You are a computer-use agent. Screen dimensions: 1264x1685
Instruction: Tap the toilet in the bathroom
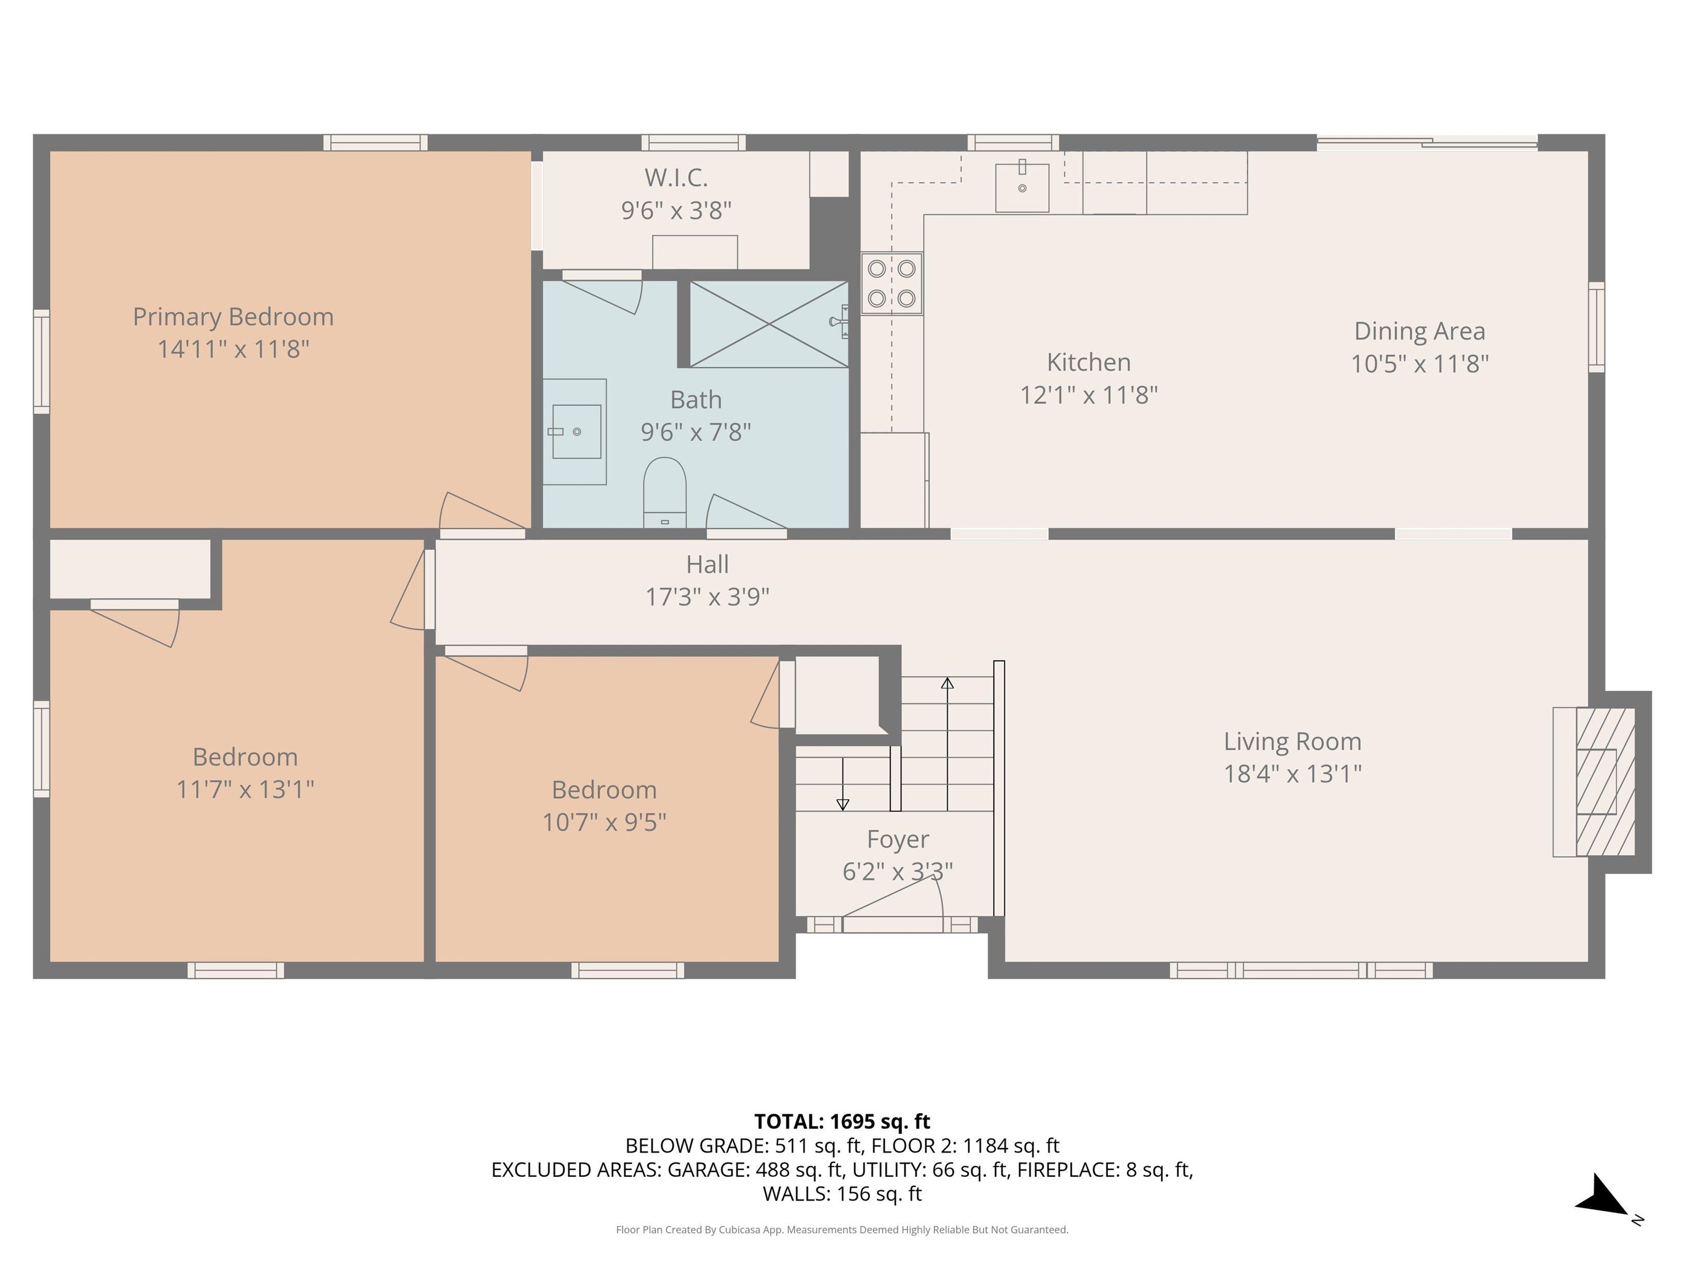(664, 492)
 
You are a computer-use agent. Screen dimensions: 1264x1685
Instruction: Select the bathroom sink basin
(576, 431)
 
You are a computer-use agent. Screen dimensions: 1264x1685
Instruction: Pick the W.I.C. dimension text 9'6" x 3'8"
(676, 210)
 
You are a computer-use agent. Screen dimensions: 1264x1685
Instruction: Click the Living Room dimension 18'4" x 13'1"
(1292, 774)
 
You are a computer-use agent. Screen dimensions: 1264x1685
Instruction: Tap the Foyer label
(897, 839)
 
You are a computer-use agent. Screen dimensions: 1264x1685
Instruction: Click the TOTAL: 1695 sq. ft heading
(842, 1121)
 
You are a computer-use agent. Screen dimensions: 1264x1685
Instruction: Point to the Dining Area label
(1419, 331)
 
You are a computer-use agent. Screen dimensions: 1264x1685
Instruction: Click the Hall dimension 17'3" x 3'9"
(707, 596)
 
